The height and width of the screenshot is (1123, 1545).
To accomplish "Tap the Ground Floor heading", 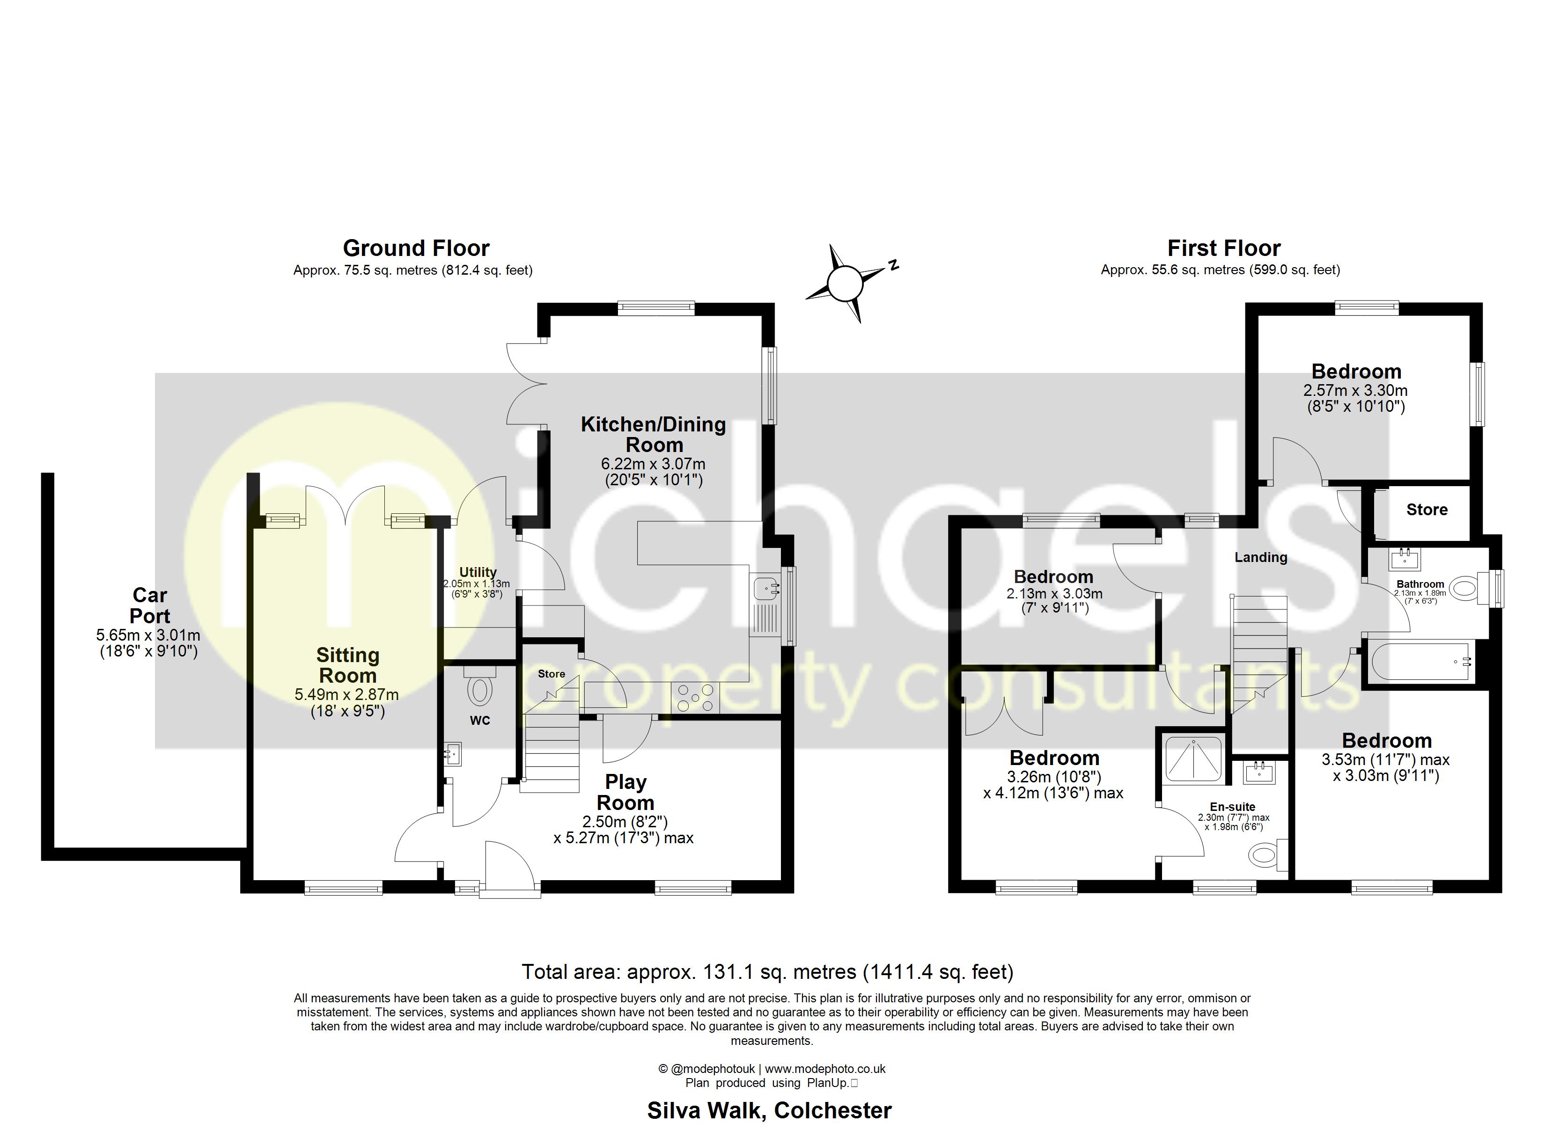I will click(416, 248).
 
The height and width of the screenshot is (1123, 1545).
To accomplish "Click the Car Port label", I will click(150, 605).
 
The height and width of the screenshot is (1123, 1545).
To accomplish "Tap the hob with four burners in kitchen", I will click(694, 698).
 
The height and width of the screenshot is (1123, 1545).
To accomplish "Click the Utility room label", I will click(478, 572).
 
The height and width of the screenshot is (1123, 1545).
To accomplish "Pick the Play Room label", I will click(625, 792).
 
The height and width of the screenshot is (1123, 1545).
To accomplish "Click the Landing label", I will click(1261, 557).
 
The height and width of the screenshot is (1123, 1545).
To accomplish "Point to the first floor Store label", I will click(1427, 510).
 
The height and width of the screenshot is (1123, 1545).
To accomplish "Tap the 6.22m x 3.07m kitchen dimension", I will click(653, 464).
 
